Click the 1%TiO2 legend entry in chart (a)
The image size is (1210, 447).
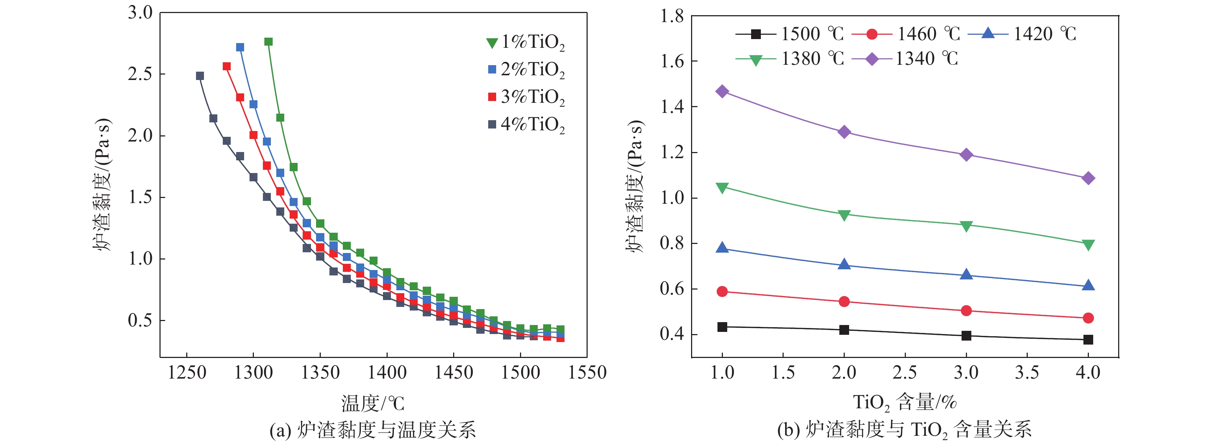tap(526, 42)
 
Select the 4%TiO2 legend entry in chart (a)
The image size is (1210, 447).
tap(526, 125)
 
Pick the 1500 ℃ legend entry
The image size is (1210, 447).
tap(789, 34)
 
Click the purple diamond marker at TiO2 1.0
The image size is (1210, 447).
tap(723, 91)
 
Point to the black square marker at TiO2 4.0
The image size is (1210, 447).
tap(1088, 340)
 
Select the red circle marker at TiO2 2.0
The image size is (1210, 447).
tap(844, 301)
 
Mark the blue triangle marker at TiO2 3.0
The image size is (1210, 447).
tap(966, 274)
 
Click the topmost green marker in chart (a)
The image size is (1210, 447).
tap(269, 42)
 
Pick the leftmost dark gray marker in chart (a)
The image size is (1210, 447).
tap(200, 76)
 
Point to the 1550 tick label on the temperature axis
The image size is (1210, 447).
tap(587, 373)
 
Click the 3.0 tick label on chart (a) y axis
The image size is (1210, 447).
tap(140, 13)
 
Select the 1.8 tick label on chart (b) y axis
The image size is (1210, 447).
tap(672, 16)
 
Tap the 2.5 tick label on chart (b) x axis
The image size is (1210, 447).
tap(905, 373)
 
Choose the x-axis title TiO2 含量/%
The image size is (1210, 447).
tap(905, 402)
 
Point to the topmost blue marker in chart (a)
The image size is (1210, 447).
tap(240, 47)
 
